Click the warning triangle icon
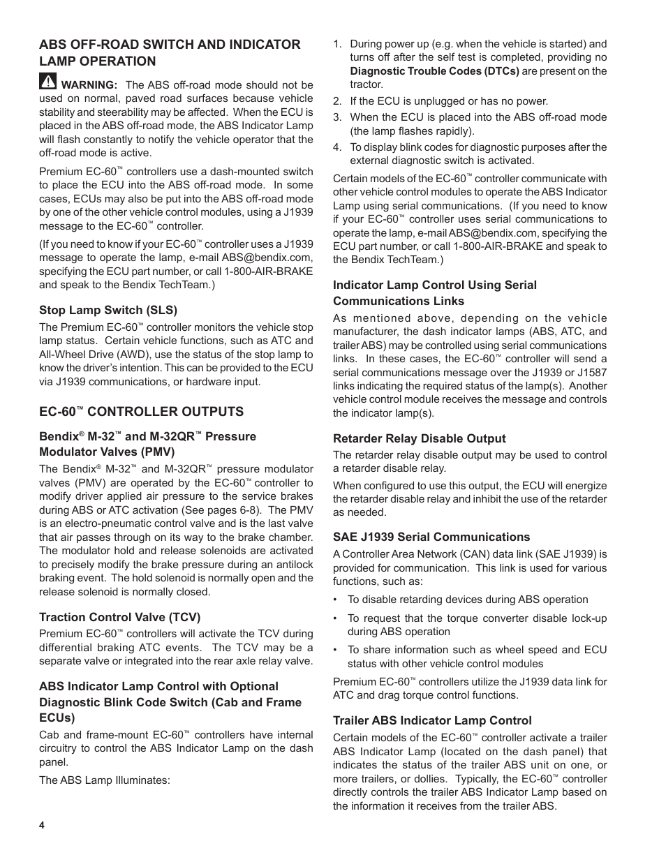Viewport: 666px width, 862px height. [x=47, y=81]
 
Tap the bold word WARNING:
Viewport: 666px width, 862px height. [x=89, y=85]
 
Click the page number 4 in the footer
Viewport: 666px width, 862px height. [x=42, y=825]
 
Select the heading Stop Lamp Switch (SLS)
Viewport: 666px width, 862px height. [x=108, y=310]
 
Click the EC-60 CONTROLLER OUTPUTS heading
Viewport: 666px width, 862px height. [x=141, y=411]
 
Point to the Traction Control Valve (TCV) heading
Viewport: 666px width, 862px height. [x=119, y=617]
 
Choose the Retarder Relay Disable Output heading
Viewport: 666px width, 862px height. [x=419, y=438]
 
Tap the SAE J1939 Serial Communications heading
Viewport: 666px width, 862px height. [x=431, y=537]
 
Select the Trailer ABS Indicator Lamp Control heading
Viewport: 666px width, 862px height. [x=431, y=720]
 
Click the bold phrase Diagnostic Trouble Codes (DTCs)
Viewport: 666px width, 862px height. [x=434, y=71]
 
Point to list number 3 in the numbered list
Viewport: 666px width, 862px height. [x=336, y=117]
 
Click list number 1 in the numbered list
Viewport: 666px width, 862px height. [x=336, y=44]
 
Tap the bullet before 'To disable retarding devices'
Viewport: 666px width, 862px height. [x=336, y=600]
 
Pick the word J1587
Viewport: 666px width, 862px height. [x=592, y=373]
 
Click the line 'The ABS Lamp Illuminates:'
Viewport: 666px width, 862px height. [x=105, y=780]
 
